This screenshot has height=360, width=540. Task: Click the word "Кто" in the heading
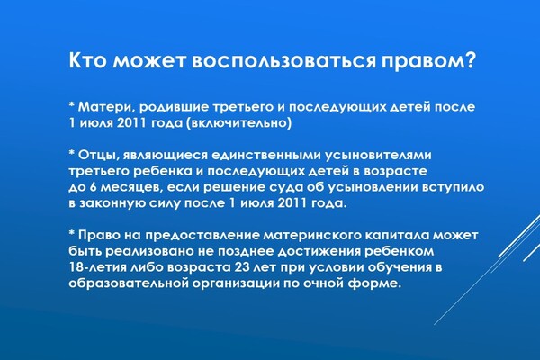tap(88, 60)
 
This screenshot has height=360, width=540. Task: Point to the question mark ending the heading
tap(470, 60)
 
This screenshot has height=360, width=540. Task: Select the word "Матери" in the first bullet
tap(104, 107)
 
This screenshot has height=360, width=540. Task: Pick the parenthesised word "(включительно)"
tap(239, 123)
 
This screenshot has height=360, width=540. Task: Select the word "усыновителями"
tap(378, 156)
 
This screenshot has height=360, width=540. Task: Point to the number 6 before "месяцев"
tap(93, 187)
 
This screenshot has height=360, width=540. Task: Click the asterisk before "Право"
tap(72, 232)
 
